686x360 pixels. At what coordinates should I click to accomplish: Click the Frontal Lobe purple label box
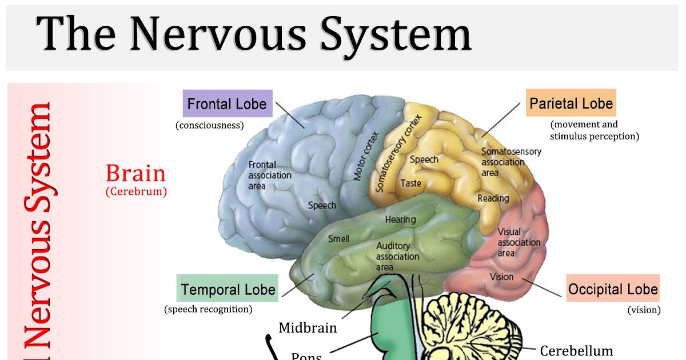pyautogui.click(x=228, y=104)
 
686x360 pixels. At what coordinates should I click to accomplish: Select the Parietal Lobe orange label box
pyautogui.click(x=571, y=103)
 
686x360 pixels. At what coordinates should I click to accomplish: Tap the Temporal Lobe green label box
pyautogui.click(x=228, y=289)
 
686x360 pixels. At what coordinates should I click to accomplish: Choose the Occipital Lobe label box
pyautogui.click(x=613, y=290)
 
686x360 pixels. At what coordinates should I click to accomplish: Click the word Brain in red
pyautogui.click(x=135, y=173)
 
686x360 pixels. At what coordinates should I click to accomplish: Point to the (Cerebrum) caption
pyautogui.click(x=136, y=192)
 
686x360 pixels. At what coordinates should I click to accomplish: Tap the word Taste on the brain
pyautogui.click(x=411, y=183)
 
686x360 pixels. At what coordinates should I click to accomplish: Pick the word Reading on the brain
pyautogui.click(x=493, y=198)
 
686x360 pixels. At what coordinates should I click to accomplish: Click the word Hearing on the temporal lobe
pyautogui.click(x=400, y=219)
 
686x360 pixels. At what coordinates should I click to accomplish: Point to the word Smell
pyautogui.click(x=338, y=239)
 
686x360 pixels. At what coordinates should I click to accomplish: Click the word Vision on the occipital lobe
pyautogui.click(x=501, y=277)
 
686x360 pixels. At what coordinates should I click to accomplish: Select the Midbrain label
pyautogui.click(x=308, y=328)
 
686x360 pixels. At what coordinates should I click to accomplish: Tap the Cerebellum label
pyautogui.click(x=576, y=350)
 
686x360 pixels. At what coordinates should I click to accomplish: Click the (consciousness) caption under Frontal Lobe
pyautogui.click(x=210, y=125)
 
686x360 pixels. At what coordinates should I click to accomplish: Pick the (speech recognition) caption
pyautogui.click(x=208, y=310)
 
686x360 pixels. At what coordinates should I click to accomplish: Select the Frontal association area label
pyautogui.click(x=269, y=175)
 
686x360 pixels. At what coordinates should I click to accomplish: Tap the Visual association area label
pyautogui.click(x=519, y=242)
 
